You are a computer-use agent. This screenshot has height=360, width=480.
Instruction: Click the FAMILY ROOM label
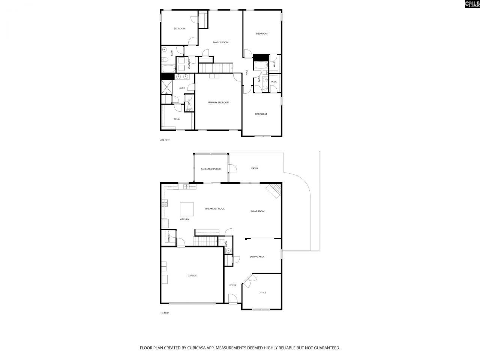point(220,42)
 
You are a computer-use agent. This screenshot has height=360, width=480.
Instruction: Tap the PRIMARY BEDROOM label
point(218,102)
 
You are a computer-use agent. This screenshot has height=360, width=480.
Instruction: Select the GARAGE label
point(192,276)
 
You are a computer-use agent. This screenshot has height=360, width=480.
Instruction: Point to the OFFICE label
point(262,292)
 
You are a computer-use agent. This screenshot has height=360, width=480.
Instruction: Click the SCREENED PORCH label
point(211,169)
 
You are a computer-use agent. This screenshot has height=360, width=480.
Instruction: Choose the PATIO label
point(254,168)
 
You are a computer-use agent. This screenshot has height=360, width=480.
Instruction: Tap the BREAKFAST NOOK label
point(215,208)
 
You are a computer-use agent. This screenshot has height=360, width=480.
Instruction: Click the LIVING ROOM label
point(257,211)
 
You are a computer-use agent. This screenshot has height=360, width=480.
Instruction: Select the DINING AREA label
point(257,256)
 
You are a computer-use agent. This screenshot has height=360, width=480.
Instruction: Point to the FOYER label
point(233,285)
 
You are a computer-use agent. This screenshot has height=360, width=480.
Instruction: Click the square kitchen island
point(187,209)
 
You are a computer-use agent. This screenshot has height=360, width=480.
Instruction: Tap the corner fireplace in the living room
point(274,190)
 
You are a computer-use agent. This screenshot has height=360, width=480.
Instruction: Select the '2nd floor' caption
point(165,140)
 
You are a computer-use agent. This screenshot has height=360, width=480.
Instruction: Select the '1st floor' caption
point(165,313)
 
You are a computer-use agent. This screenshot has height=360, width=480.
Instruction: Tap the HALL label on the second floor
point(247,72)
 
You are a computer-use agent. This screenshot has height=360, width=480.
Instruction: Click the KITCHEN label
point(184,219)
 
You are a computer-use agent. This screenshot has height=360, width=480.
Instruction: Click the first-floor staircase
point(205,241)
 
